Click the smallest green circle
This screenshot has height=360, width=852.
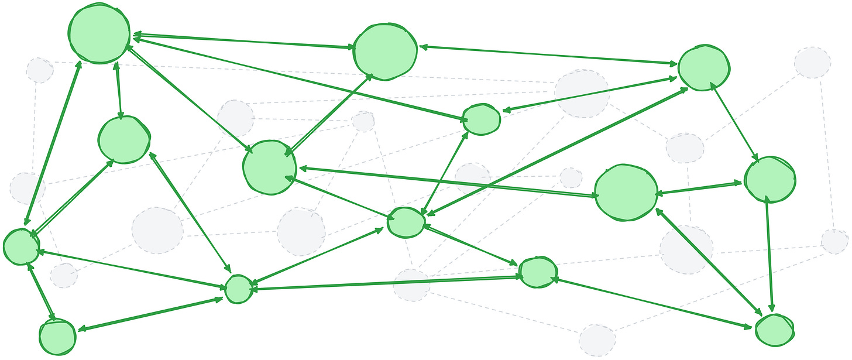[239, 289]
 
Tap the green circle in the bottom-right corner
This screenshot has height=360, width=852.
[774, 330]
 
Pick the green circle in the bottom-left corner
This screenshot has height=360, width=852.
[57, 337]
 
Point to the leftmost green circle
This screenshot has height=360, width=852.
[21, 246]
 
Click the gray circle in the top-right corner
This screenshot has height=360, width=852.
[812, 63]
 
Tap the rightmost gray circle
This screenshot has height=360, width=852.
[834, 241]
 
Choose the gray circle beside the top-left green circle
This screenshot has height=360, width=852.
[39, 70]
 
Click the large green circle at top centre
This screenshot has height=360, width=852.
[385, 52]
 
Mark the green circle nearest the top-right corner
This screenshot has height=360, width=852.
[703, 67]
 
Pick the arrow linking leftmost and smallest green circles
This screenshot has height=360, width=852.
[132, 269]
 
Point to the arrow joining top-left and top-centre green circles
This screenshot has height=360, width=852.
[242, 42]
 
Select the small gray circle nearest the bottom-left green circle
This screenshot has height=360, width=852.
[63, 275]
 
